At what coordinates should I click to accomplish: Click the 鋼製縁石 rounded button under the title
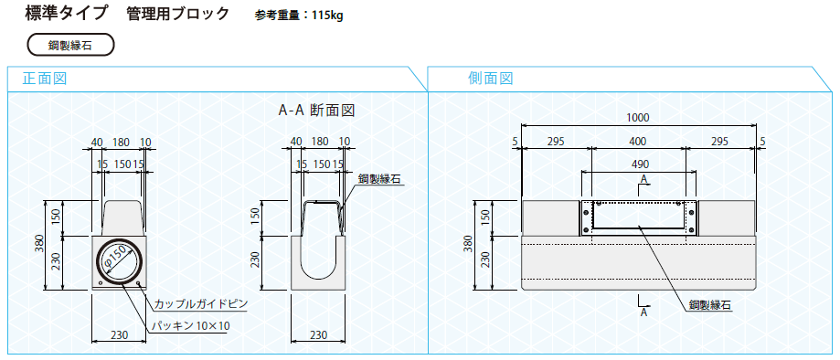tap(70, 45)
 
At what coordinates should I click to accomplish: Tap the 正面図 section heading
tap(45, 79)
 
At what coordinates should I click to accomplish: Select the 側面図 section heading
tap(490, 79)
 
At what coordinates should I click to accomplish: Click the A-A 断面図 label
tap(316, 111)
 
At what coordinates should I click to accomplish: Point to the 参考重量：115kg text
tap(299, 15)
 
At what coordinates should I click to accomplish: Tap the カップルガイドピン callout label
tap(201, 304)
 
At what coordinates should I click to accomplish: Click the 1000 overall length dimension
tap(637, 118)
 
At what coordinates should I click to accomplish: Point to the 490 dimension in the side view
tap(640, 164)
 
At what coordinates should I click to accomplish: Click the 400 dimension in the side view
tap(637, 142)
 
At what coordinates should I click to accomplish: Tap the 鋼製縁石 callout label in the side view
tap(710, 305)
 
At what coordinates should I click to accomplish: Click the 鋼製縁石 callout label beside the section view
tap(379, 179)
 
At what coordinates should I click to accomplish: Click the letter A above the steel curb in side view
tap(644, 177)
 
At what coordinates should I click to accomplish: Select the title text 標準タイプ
tap(67, 14)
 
